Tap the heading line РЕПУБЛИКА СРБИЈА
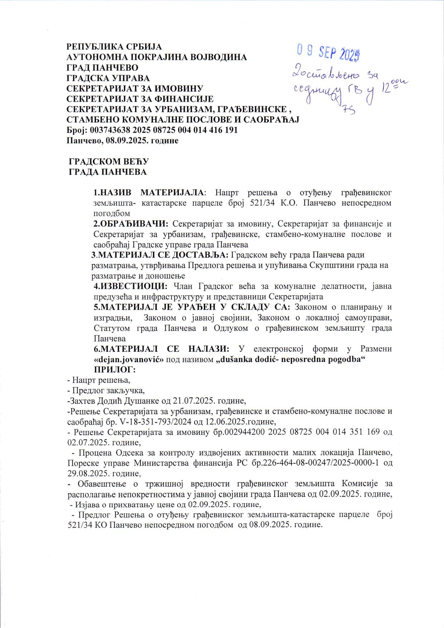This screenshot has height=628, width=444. pos(114,47)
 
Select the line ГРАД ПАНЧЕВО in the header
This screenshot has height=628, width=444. pos(102,68)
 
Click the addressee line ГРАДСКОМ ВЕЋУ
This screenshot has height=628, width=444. pos(108,162)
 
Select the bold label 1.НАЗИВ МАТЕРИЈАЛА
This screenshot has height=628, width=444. pos(148,193)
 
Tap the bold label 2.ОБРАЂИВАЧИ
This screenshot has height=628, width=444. pos(131,224)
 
